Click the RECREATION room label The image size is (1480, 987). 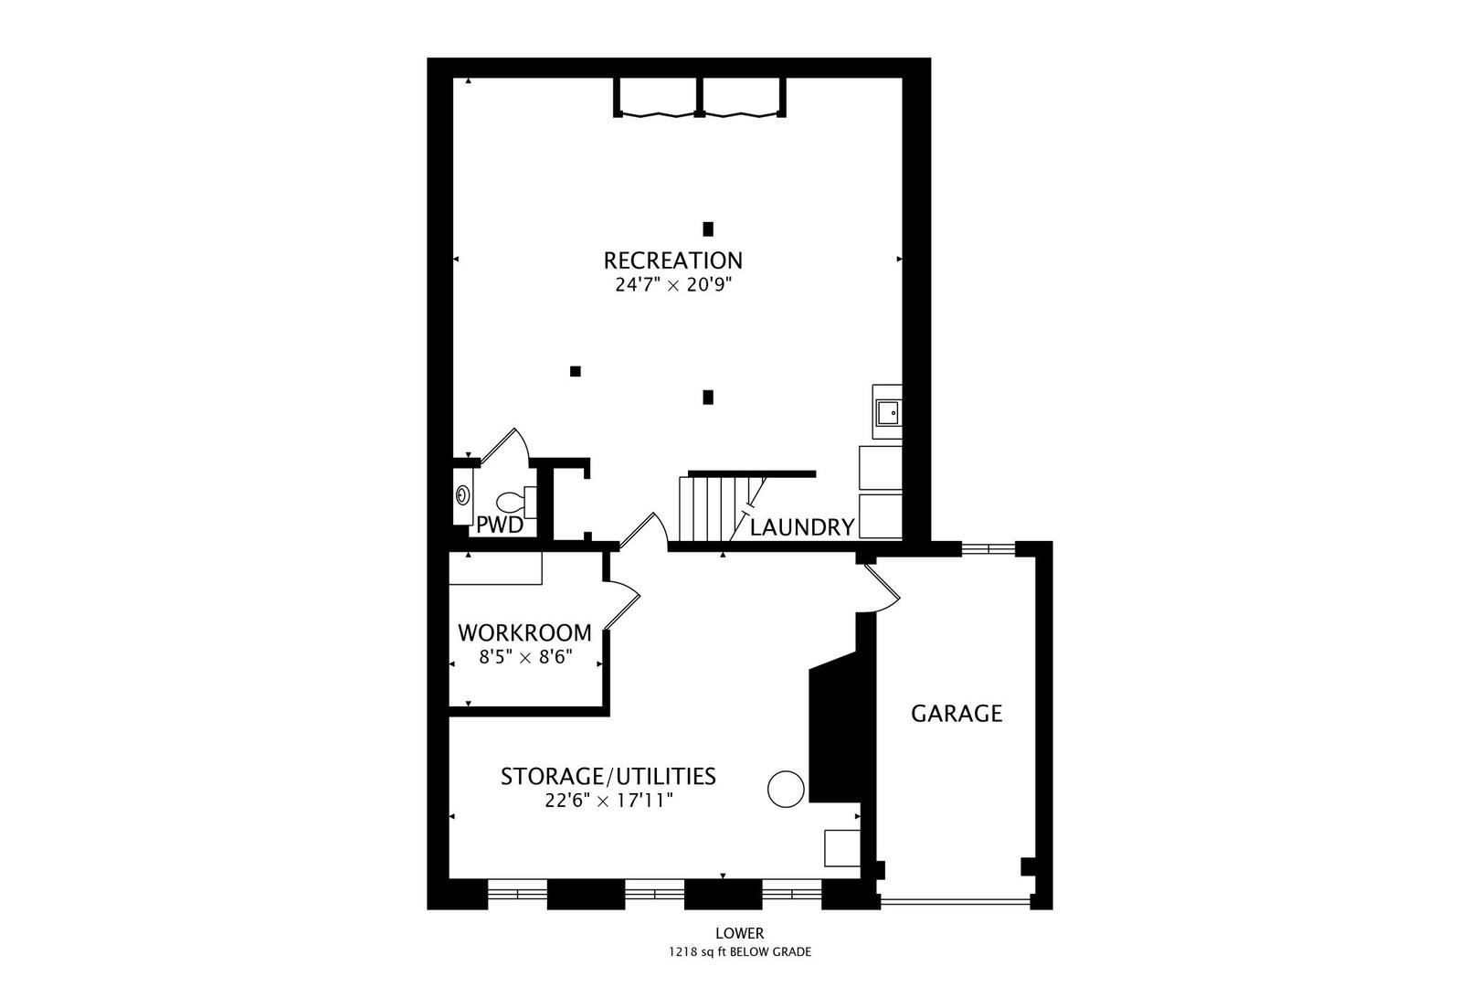click(672, 260)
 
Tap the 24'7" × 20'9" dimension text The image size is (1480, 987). click(674, 284)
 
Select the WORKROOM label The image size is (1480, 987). click(524, 632)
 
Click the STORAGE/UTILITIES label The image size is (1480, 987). click(608, 777)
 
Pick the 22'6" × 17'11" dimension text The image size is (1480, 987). click(608, 801)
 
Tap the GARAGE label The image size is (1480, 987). click(957, 713)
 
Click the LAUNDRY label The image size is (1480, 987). click(801, 527)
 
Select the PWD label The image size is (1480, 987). click(500, 525)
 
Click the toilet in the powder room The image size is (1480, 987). click(513, 502)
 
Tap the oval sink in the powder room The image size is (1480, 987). click(463, 495)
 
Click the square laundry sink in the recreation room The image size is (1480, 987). click(887, 413)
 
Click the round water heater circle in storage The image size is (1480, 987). click(785, 789)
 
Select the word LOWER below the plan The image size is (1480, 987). click(739, 933)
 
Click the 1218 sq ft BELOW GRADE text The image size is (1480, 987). click(739, 951)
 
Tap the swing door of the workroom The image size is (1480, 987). click(623, 603)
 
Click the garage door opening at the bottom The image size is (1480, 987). click(955, 901)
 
